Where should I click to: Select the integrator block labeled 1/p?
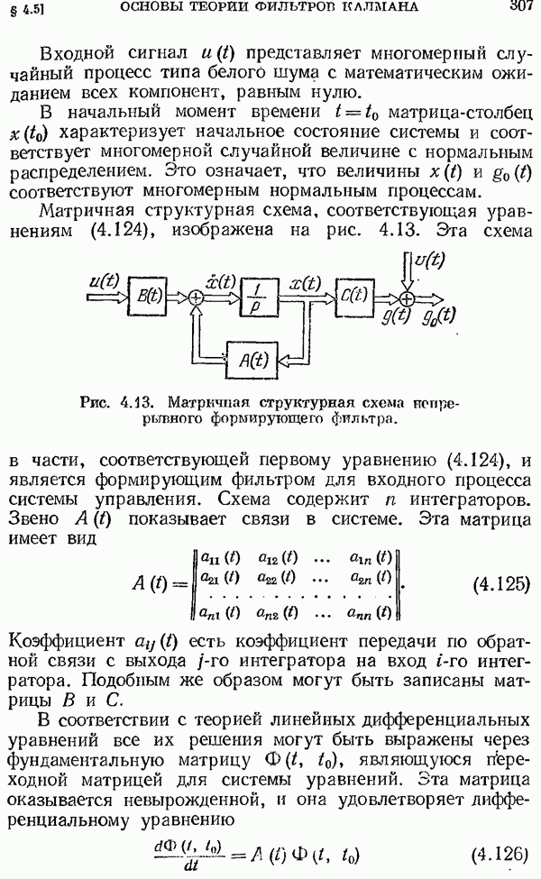click(x=260, y=298)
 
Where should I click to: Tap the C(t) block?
click(x=354, y=296)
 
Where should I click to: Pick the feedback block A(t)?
click(x=252, y=360)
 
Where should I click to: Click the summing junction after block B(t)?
click(x=195, y=298)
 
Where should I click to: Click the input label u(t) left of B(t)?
click(x=105, y=280)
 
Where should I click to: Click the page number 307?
click(x=520, y=5)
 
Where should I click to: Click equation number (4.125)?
click(x=500, y=584)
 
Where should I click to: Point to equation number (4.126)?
click(x=500, y=854)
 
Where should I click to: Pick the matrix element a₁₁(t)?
click(x=220, y=558)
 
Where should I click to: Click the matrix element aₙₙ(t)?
click(x=369, y=612)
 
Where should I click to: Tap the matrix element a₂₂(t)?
click(x=278, y=577)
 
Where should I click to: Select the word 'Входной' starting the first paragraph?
click(x=78, y=54)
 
